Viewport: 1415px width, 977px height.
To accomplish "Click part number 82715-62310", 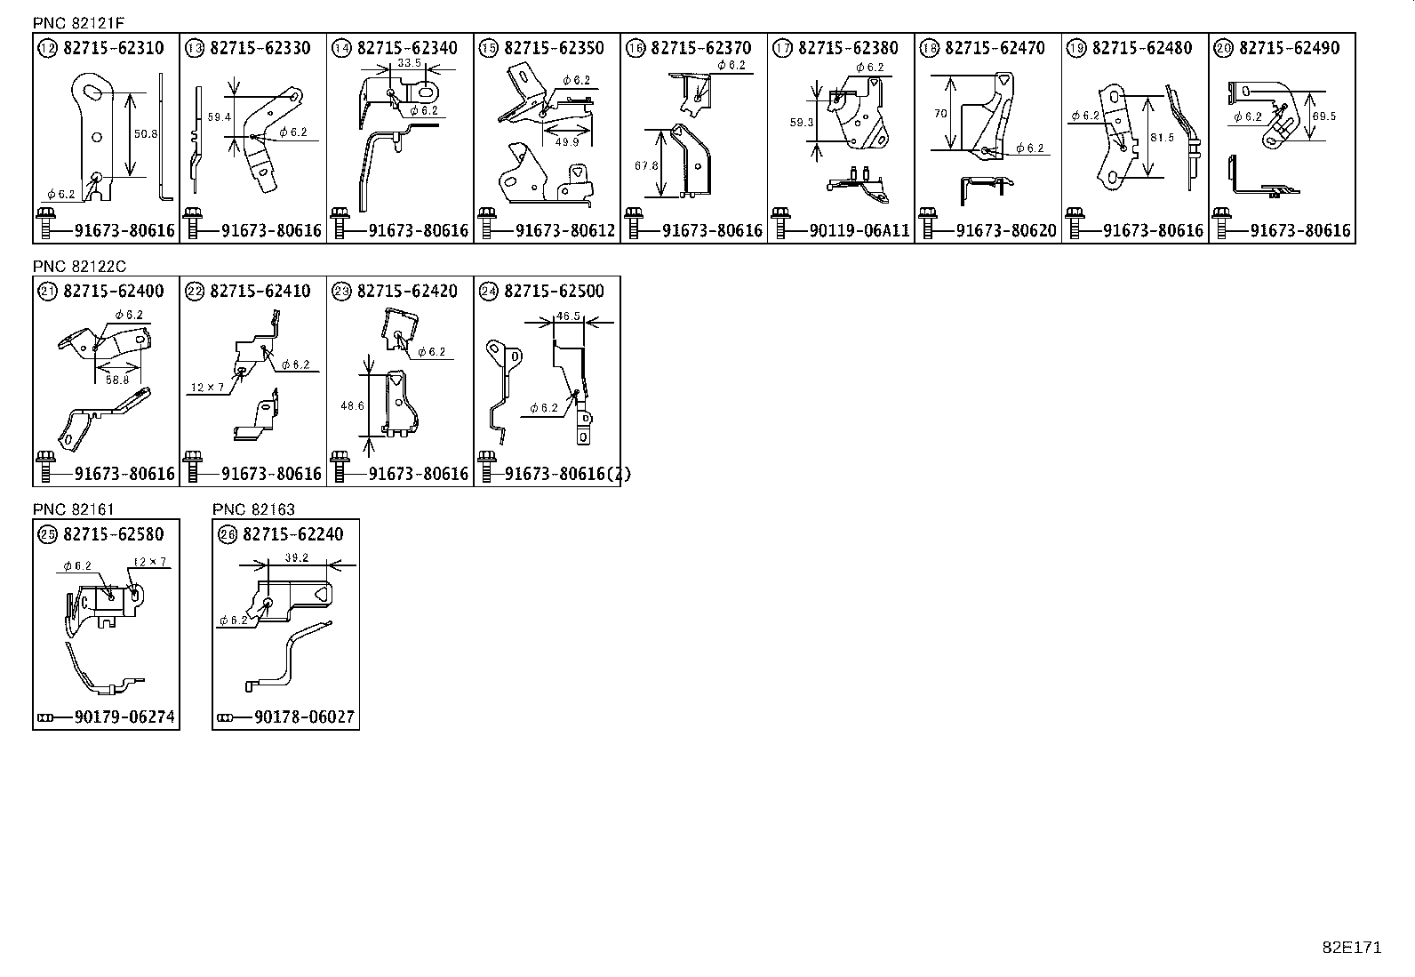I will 114,48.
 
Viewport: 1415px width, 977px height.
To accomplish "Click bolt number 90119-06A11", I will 859,231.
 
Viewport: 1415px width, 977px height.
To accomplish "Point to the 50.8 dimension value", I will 145,133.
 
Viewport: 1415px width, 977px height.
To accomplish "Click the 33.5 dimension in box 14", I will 410,63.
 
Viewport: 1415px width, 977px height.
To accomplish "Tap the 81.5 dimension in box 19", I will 1162,138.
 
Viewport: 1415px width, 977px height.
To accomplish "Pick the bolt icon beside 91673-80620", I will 928,224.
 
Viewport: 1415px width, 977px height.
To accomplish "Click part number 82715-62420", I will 407,292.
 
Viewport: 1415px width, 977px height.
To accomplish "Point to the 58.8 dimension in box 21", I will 116,380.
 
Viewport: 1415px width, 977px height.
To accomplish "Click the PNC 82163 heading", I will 253,509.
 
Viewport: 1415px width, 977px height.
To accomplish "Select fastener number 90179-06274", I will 125,717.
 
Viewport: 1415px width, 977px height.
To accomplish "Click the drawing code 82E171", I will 1351,947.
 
